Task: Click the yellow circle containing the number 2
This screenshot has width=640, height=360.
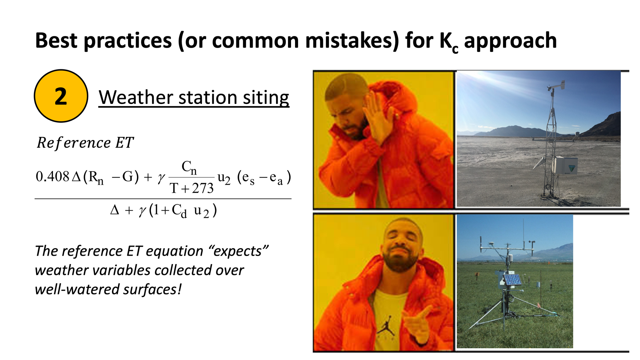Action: click(x=61, y=96)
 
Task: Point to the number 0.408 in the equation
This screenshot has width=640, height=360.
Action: click(x=52, y=177)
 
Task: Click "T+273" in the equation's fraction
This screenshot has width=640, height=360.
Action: click(x=192, y=188)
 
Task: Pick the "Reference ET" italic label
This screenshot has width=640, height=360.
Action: click(x=85, y=143)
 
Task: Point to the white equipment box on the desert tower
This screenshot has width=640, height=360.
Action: click(x=566, y=165)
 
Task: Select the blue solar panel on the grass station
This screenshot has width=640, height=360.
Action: click(x=512, y=279)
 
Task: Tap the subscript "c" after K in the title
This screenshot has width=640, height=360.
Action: click(x=455, y=49)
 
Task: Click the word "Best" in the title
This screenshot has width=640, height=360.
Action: click(x=56, y=41)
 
